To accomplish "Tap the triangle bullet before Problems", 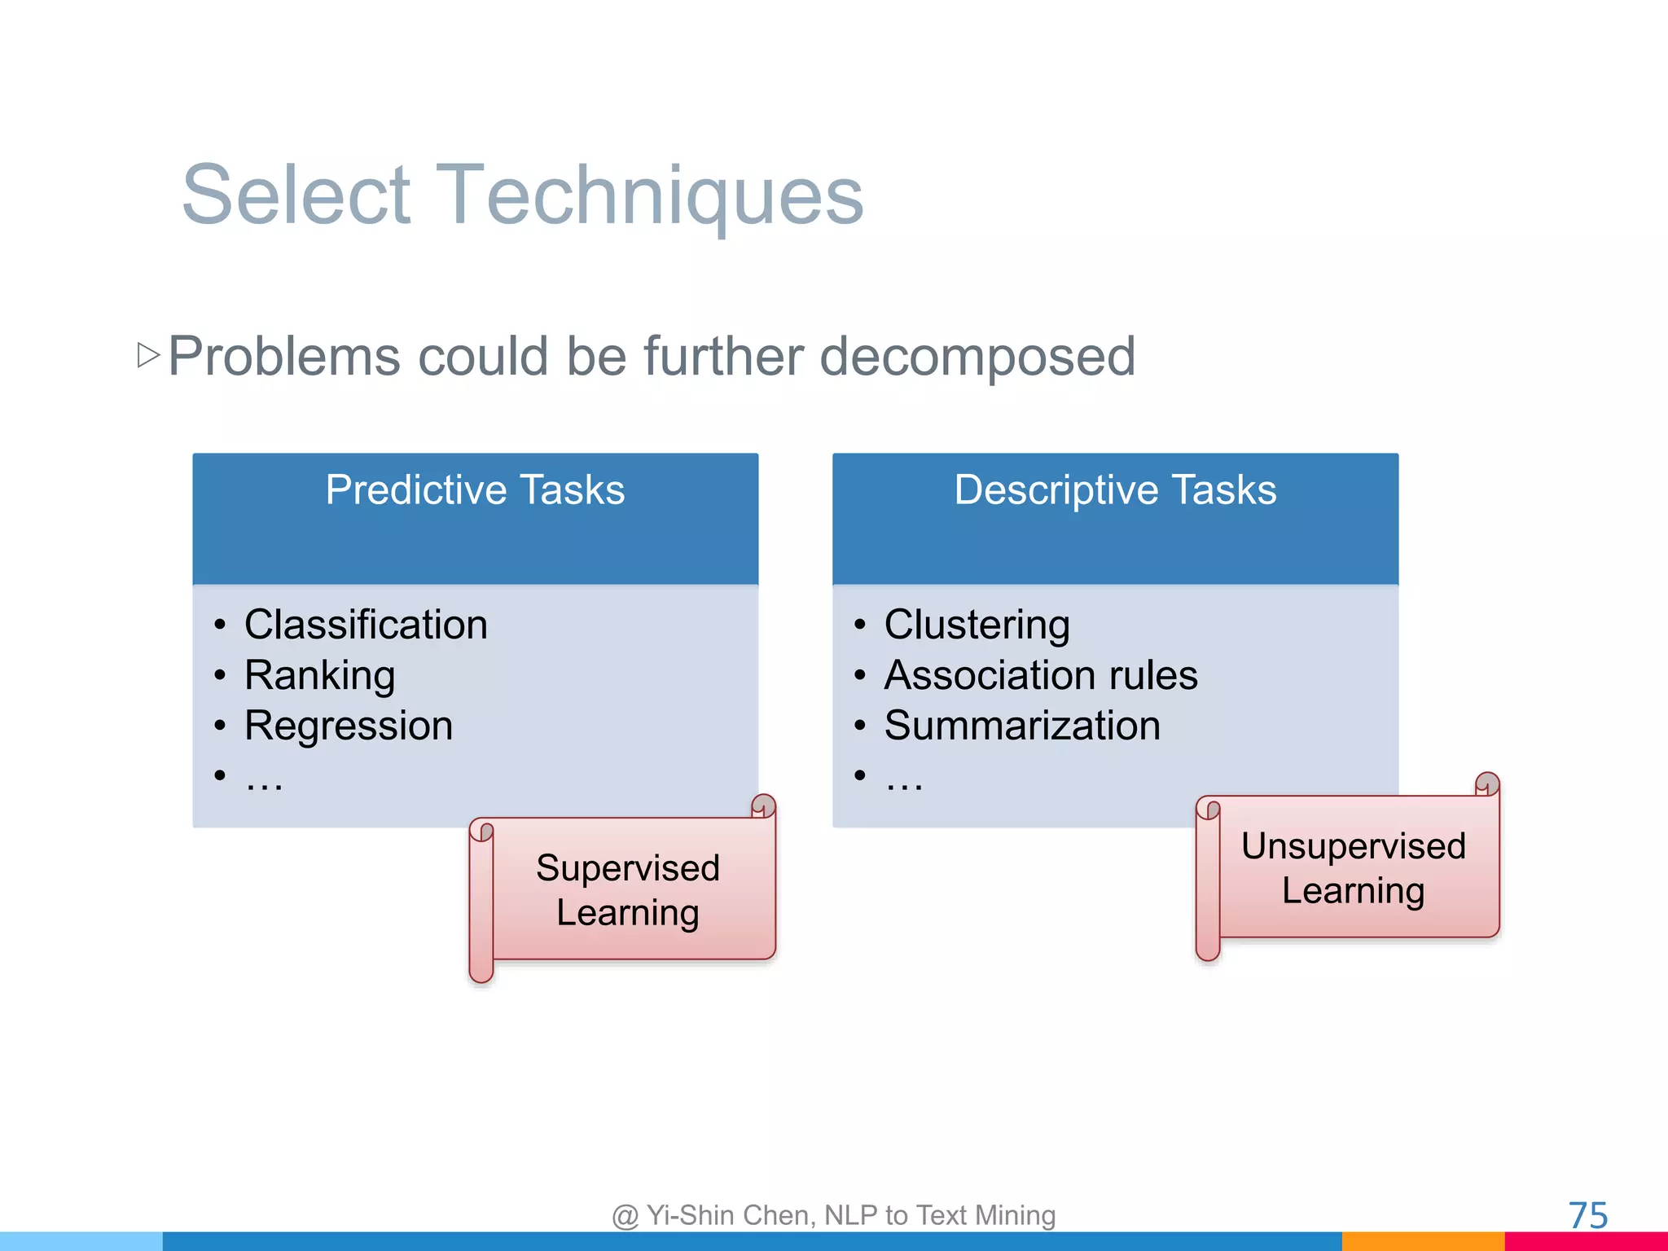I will click(x=148, y=355).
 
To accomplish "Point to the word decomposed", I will click(x=977, y=357).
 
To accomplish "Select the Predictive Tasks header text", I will click(x=475, y=490).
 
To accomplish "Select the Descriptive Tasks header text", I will click(x=1115, y=490).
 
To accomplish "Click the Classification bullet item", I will click(x=366, y=625).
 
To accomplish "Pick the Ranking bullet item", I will click(x=319, y=675).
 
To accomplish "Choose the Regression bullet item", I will click(x=349, y=726).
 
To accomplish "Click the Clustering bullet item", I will click(x=977, y=625).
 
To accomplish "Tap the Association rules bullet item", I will click(x=1041, y=675).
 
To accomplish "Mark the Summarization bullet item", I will click(x=1022, y=726).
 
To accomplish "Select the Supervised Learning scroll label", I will click(x=628, y=889).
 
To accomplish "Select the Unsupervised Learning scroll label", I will click(x=1353, y=868).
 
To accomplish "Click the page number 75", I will click(x=1587, y=1215).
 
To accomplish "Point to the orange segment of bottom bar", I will click(x=1422, y=1241).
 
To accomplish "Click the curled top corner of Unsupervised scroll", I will click(x=1486, y=784).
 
